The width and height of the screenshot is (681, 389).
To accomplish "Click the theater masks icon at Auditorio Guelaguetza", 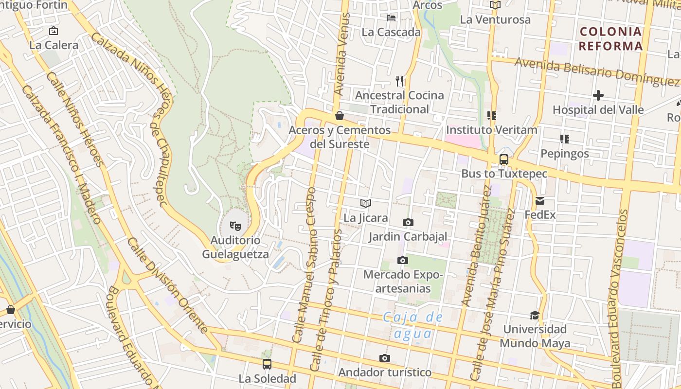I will [x=235, y=226].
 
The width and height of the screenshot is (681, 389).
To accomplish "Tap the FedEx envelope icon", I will [x=540, y=200].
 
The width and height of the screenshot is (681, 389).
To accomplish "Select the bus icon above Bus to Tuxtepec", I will [x=504, y=159].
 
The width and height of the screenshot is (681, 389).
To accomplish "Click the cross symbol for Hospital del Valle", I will [x=598, y=95].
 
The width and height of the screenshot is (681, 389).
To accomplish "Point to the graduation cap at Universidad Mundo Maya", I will [x=535, y=315].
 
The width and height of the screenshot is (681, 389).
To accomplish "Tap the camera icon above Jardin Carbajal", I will [x=408, y=222].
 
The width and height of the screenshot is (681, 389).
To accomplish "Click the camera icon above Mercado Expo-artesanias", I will [x=402, y=260].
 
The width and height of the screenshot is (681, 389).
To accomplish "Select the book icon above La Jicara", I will [x=366, y=203].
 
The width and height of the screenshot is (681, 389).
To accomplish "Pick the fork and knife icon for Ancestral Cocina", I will [x=399, y=81].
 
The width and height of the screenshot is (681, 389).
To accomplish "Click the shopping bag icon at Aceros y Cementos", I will [x=340, y=116].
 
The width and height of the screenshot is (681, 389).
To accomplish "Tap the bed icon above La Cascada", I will [x=391, y=18].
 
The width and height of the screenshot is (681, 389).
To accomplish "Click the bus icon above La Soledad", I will [x=267, y=364].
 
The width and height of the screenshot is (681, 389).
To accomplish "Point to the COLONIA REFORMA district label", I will [x=611, y=39].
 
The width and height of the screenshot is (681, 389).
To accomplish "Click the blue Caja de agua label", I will [x=412, y=325].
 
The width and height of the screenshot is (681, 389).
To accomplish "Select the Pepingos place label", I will [x=565, y=154].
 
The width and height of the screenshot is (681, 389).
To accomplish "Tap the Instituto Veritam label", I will [x=491, y=130].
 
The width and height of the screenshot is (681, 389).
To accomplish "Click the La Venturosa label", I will [x=495, y=20].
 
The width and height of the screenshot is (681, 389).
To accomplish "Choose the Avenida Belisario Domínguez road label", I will [x=596, y=71].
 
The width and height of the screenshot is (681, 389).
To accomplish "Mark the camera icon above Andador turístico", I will [x=385, y=358].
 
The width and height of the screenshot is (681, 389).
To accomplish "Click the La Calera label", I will [x=54, y=45].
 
